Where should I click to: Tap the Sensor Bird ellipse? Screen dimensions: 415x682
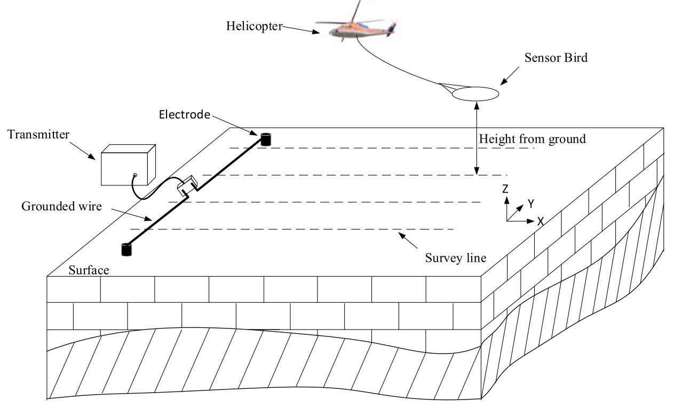(x=476, y=94)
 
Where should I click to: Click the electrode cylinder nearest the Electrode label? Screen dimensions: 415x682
(x=265, y=139)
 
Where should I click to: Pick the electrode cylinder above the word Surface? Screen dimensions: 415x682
(x=126, y=249)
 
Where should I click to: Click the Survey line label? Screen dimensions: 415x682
(x=456, y=258)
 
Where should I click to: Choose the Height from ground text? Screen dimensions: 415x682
(x=533, y=139)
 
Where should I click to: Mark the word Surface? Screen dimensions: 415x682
(x=89, y=270)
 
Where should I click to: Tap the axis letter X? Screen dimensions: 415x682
(x=540, y=221)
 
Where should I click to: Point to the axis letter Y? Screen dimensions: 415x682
(x=531, y=203)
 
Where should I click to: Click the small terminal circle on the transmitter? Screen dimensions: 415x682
(x=136, y=175)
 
